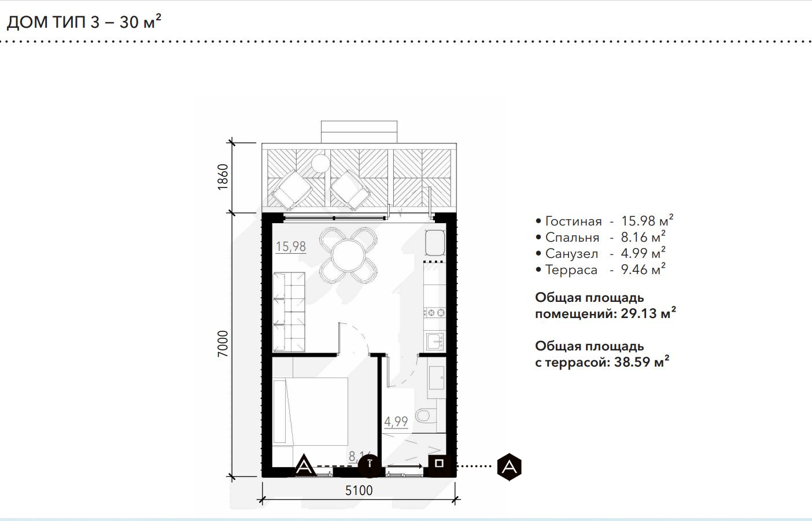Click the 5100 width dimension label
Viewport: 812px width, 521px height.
point(359,490)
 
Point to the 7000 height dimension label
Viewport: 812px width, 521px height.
point(223,343)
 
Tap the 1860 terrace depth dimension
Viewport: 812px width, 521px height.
point(223,177)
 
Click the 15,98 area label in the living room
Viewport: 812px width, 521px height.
point(291,246)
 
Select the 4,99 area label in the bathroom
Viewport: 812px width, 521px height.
point(396,422)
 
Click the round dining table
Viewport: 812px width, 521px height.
point(348,255)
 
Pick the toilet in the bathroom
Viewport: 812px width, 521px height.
point(423,416)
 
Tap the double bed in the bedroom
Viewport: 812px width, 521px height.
point(311,412)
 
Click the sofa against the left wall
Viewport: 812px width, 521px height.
point(289,312)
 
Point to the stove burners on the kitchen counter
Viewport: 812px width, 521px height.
point(435,312)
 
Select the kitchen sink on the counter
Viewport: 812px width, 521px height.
point(435,341)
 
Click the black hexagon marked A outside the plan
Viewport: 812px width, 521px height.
point(510,467)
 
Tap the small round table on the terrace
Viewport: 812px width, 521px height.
point(320,164)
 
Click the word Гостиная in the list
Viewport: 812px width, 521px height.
point(574,221)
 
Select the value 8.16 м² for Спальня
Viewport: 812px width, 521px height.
point(643,237)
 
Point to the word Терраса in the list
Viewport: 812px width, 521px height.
point(571,269)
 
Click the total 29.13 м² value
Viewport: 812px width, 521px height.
point(648,313)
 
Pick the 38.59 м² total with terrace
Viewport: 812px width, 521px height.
point(641,362)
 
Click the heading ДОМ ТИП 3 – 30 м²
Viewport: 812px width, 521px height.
point(84,22)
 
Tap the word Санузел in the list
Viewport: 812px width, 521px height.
point(571,254)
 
